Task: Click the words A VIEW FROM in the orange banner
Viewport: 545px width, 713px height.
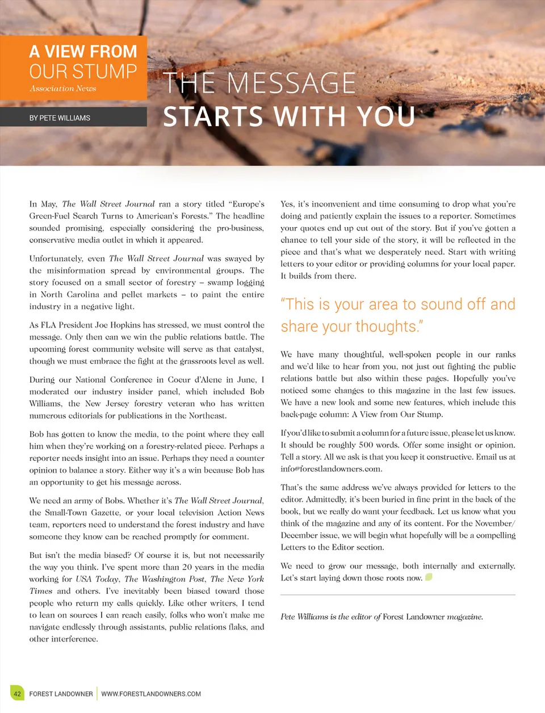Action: (83, 52)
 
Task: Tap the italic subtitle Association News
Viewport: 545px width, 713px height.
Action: (63, 89)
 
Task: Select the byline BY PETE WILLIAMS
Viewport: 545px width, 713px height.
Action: (60, 118)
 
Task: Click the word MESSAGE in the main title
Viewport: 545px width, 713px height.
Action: (291, 84)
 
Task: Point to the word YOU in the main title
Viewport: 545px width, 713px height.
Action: (386, 116)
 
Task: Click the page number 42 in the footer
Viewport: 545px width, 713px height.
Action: (17, 694)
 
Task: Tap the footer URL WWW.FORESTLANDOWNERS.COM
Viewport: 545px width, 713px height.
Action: (151, 694)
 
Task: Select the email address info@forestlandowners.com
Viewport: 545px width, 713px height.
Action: (331, 469)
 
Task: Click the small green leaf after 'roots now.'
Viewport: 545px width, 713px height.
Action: (429, 577)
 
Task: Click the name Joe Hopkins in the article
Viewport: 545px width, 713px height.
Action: (120, 325)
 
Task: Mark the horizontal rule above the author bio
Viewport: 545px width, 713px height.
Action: (397, 595)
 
